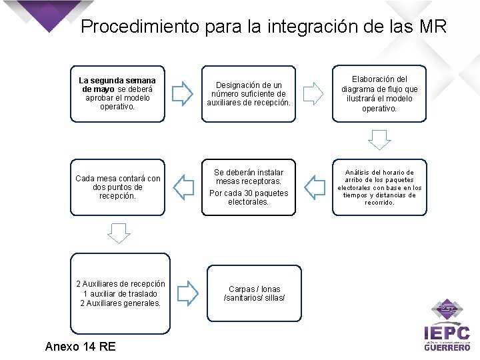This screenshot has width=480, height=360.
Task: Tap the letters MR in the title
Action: [433, 27]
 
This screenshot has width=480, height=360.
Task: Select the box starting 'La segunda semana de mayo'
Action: [117, 93]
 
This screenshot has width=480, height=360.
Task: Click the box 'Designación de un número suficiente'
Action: [248, 94]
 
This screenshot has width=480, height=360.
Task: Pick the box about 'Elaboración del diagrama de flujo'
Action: [379, 93]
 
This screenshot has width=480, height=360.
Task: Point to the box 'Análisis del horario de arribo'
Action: [379, 187]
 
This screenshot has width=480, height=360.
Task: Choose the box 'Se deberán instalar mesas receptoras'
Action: [248, 187]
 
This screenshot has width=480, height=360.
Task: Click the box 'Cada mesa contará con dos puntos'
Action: [117, 187]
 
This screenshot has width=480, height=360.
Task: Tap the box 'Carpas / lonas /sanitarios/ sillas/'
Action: [254, 294]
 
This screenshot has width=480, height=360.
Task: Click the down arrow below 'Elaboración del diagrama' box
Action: [379, 139]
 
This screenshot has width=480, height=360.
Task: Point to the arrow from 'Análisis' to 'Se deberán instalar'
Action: [313, 187]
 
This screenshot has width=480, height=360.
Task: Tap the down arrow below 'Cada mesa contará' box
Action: [119, 232]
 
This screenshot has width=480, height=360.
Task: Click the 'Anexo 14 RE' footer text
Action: [80, 346]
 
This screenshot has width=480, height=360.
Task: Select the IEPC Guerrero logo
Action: [447, 327]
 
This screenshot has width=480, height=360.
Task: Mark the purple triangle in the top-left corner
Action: [47, 13]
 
